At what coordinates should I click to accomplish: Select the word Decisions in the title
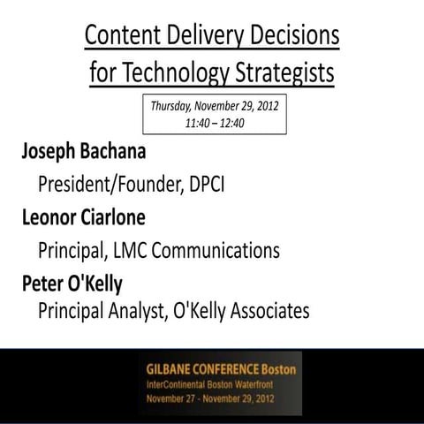pos(297,37)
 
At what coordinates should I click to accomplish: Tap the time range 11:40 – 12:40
pos(215,123)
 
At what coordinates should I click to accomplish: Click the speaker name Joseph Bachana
pos(85,152)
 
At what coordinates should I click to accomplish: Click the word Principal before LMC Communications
pos(74,251)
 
